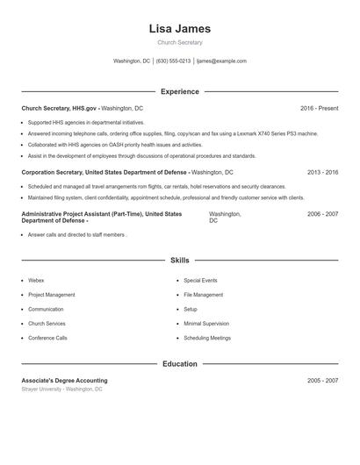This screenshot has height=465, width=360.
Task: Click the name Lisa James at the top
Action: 180,28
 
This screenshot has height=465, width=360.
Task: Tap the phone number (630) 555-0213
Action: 173,61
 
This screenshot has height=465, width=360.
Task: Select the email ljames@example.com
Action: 221,61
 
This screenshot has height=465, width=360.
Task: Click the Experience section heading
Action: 180,91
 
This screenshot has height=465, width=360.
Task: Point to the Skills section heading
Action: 180,261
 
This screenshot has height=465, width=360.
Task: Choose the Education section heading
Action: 180,364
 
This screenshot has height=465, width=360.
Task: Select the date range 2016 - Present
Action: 319,108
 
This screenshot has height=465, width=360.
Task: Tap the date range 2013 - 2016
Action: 322,172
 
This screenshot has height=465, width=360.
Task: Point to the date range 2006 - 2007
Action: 322,213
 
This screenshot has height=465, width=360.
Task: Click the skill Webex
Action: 36,281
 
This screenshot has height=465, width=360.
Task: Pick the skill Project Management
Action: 51,295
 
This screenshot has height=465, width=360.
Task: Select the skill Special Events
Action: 200,281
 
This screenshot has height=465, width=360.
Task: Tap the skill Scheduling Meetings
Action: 207,338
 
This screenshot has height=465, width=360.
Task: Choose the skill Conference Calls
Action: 47,338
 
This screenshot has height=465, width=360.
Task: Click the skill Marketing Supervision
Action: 206,324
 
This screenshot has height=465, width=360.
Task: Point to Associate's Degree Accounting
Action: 64,381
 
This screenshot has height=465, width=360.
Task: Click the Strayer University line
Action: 61,389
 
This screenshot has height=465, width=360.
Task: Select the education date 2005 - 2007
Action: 322,381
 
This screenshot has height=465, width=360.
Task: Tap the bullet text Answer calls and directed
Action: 77,235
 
